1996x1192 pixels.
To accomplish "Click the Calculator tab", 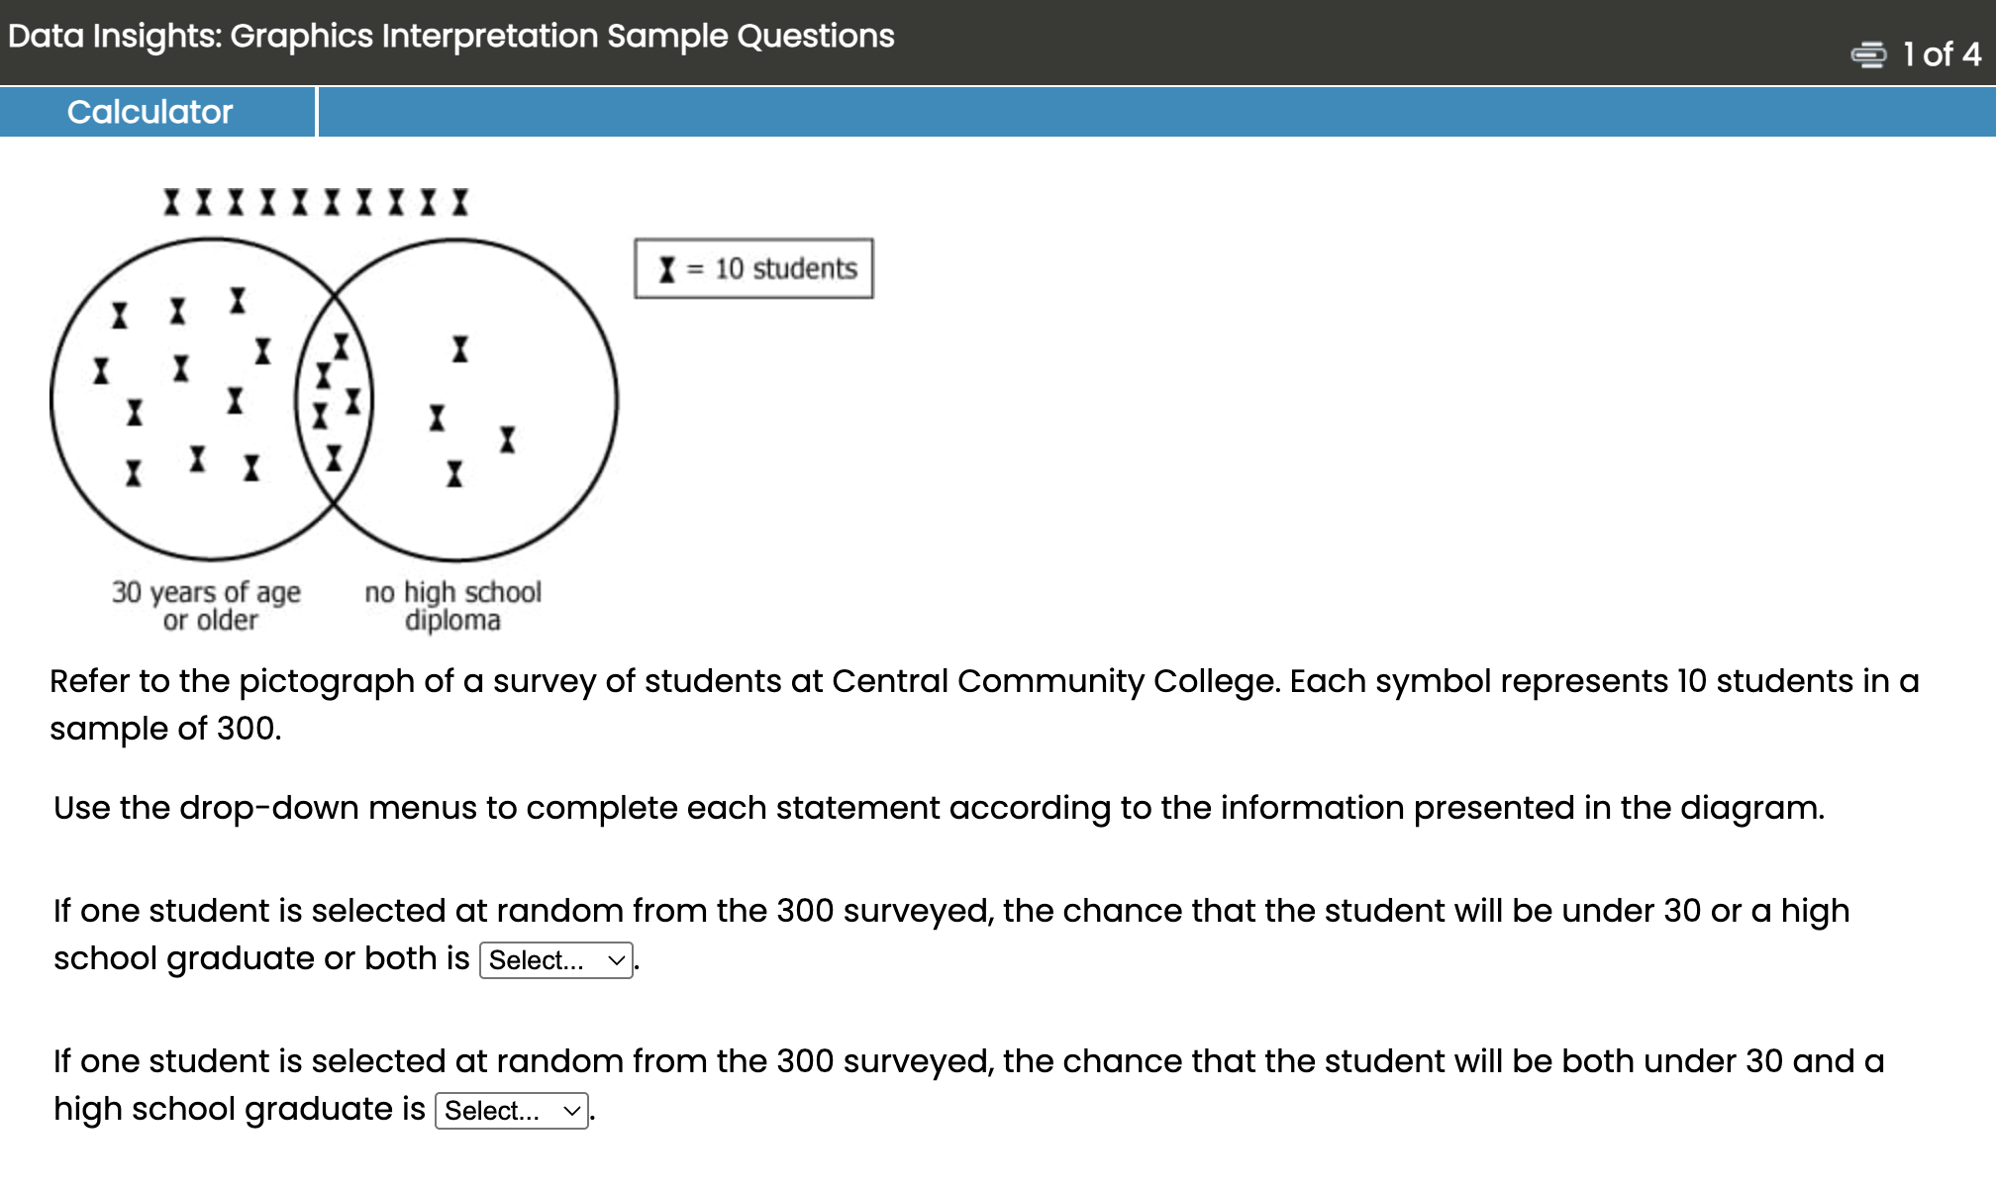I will pyautogui.click(x=150, y=112).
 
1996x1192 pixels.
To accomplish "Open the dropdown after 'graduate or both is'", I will pyautogui.click(x=556, y=960).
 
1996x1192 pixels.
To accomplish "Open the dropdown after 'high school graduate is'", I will pyautogui.click(x=512, y=1111).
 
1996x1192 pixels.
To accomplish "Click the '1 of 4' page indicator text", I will pyautogui.click(x=1942, y=54).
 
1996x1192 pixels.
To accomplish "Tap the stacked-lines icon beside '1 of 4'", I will pyautogui.click(x=1868, y=54).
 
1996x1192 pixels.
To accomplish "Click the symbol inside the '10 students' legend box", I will pyautogui.click(x=667, y=269).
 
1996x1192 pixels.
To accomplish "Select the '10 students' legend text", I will pyautogui.click(x=785, y=269).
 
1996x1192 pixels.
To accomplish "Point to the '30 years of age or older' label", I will pyautogui.click(x=206, y=606).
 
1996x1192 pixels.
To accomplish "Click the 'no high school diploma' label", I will pyautogui.click(x=452, y=606).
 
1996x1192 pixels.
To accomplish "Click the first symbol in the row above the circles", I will pyautogui.click(x=172, y=203).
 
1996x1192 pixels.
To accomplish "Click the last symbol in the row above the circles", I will pyautogui.click(x=460, y=203).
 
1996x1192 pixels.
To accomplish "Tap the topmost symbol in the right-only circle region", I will pyautogui.click(x=460, y=348).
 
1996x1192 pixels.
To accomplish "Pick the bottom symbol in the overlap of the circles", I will pyautogui.click(x=335, y=458).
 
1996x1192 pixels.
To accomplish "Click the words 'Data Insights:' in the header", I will pyautogui.click(x=115, y=37).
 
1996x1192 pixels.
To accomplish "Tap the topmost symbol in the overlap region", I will pyautogui.click(x=342, y=347).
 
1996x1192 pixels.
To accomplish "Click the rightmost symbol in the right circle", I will pyautogui.click(x=508, y=440).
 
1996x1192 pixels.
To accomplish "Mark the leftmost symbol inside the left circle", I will pyautogui.click(x=101, y=371).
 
